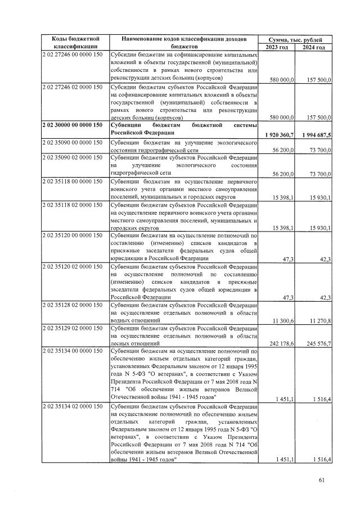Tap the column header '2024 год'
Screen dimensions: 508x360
314,47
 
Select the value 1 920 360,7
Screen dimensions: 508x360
277,135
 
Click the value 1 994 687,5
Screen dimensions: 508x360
313,135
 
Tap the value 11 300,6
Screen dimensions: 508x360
282,321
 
